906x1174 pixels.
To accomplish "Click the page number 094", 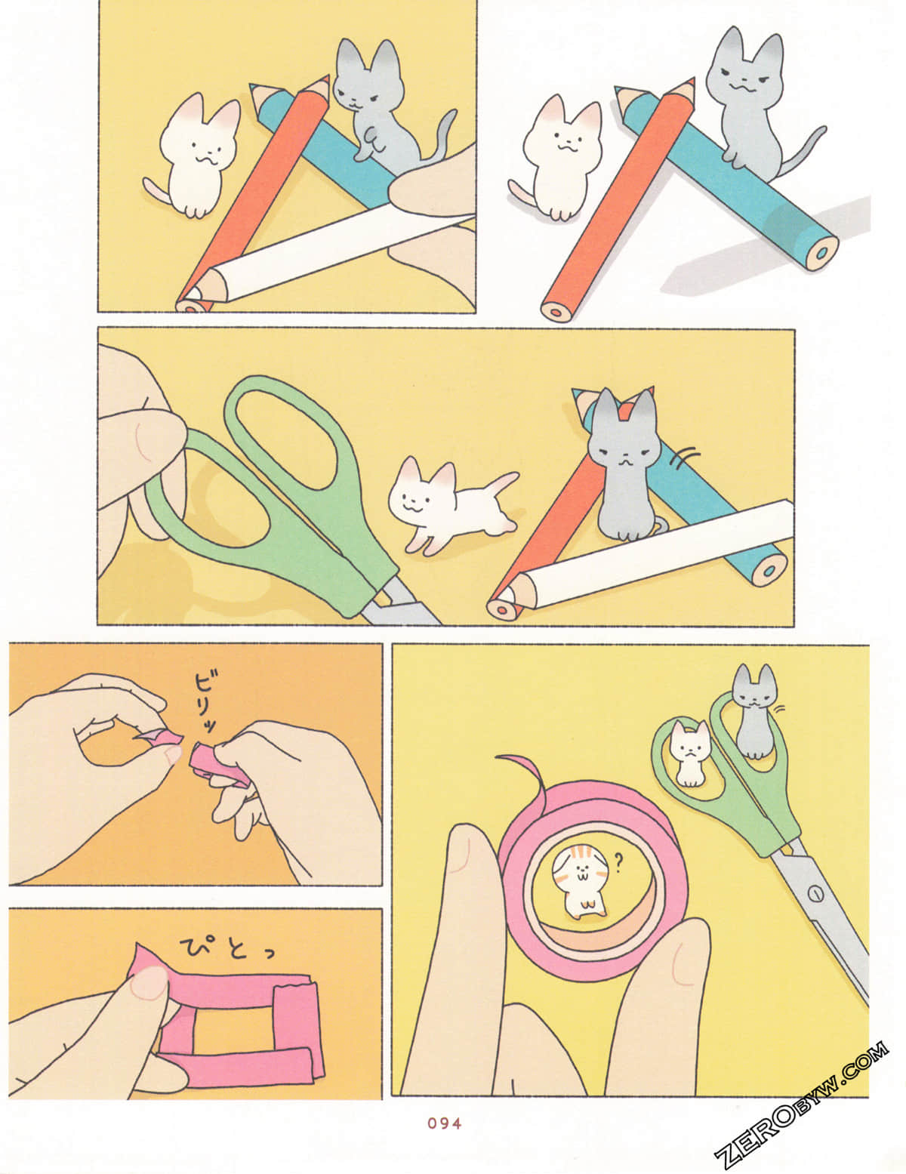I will pyautogui.click(x=444, y=1123).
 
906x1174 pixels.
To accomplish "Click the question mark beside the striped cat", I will pyautogui.click(x=619, y=859).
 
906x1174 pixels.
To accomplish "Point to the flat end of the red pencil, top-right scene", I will pyautogui.click(x=557, y=309).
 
